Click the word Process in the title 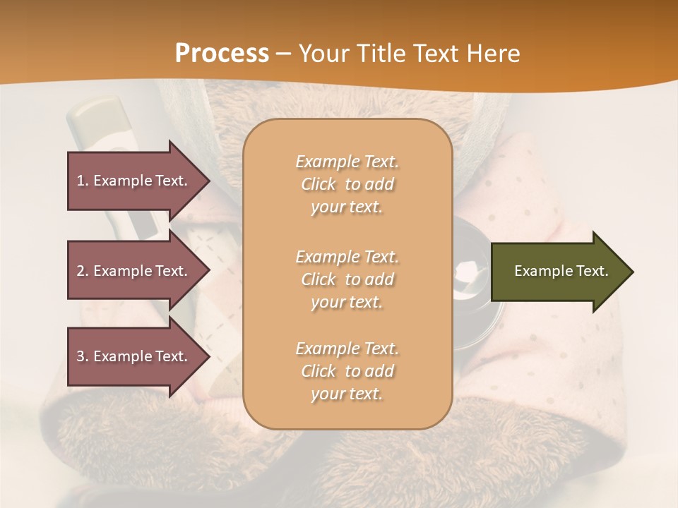[x=222, y=54]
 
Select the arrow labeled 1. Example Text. [x=134, y=181]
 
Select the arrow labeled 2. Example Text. [x=134, y=271]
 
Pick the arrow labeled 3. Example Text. [x=134, y=356]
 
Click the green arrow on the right [x=558, y=271]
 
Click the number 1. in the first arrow [x=83, y=181]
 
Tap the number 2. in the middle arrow [x=83, y=271]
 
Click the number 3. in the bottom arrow [x=83, y=356]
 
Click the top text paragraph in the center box [x=347, y=184]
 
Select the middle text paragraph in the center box [x=347, y=279]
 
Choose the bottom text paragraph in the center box [x=347, y=371]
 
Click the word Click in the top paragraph [x=319, y=184]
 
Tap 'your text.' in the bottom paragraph [x=347, y=394]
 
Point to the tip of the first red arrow [x=208, y=181]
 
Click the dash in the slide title [x=283, y=54]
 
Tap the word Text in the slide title [x=436, y=54]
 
